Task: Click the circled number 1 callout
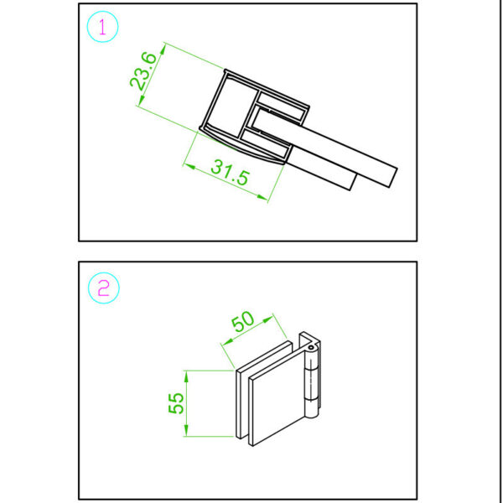coord(103,28)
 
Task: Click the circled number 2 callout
coord(103,289)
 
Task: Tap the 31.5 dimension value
coord(230,173)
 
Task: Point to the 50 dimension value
coord(243,322)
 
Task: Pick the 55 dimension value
coord(175,403)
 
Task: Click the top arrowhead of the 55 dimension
coord(187,375)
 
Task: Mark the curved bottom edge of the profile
coord(243,151)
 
